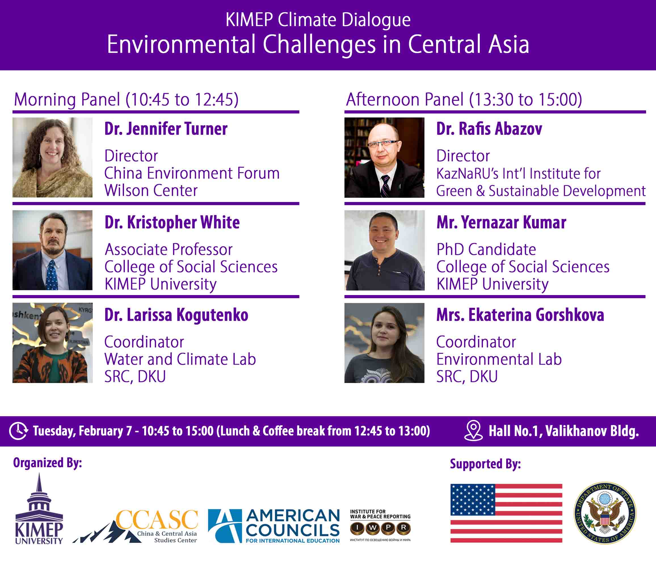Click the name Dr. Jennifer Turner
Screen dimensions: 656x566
[166, 129]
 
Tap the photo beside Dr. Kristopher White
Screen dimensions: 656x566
[52, 250]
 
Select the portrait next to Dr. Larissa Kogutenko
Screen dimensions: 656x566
[52, 343]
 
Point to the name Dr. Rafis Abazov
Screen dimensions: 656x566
[489, 129]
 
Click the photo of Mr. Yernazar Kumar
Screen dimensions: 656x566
[384, 250]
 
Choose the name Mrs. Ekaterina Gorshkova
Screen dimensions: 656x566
[520, 315]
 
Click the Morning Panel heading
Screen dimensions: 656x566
[126, 99]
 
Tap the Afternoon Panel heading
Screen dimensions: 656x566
[464, 99]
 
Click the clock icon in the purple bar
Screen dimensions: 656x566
[18, 431]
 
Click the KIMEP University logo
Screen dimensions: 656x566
[39, 509]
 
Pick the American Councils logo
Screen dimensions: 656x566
[274, 526]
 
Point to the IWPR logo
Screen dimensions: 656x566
[380, 525]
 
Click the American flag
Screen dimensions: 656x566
[506, 513]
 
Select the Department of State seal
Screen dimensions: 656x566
[605, 513]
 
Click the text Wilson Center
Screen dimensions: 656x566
[151, 191]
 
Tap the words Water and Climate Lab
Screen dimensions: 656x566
[180, 359]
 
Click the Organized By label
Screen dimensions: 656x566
[47, 463]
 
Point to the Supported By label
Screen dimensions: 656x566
[485, 464]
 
